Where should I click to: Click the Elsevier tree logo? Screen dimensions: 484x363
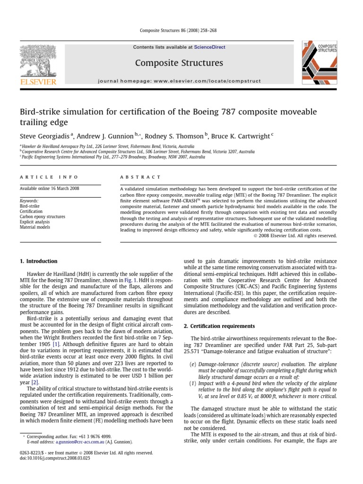tap(38, 63)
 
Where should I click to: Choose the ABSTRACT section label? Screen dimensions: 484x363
tap(134, 177)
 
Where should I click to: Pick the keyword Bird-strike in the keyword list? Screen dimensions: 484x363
tap(30, 206)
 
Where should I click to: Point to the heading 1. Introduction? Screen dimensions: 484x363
tap(38, 261)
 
